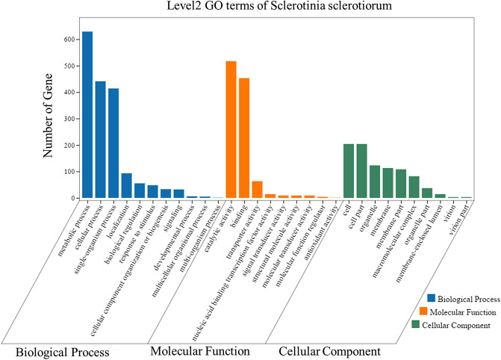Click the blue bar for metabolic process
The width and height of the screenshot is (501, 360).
(87, 115)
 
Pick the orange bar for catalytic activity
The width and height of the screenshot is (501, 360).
(231, 130)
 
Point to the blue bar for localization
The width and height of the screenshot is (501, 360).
(126, 186)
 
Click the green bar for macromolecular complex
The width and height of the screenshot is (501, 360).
(414, 187)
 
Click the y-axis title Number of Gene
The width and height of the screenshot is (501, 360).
(49, 119)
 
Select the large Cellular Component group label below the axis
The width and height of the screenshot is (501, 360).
(329, 350)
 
